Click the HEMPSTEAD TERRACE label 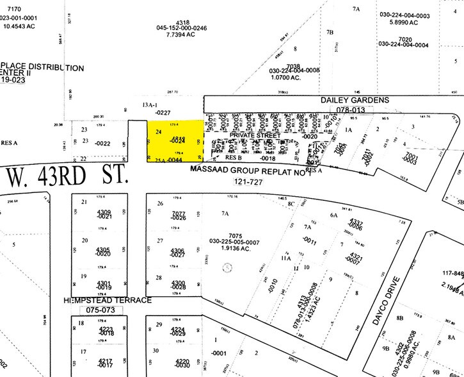[108, 300]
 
